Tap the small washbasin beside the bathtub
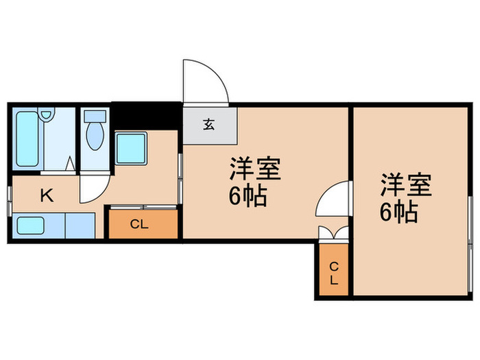tap(46, 115)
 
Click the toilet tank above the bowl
tap(94, 117)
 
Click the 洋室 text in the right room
tap(407, 186)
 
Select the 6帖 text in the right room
tap(400, 213)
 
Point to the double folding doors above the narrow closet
tap(333, 232)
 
